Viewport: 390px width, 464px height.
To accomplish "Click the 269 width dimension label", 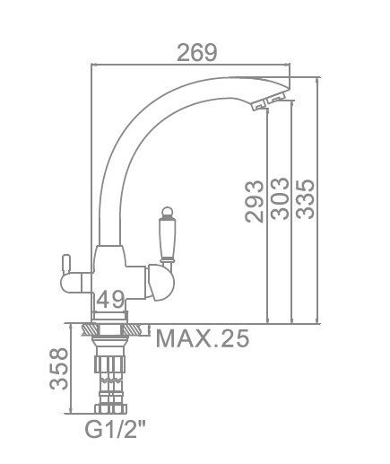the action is pyautogui.click(x=196, y=53).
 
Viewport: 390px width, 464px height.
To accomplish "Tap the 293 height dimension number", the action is pyautogui.click(x=255, y=201).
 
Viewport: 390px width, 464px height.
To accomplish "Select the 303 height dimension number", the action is pyautogui.click(x=280, y=198).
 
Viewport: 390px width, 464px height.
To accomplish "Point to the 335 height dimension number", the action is pyautogui.click(x=305, y=199).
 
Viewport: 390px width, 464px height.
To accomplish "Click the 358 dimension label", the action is pyautogui.click(x=58, y=368).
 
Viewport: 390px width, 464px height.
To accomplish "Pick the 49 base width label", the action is pyautogui.click(x=110, y=299).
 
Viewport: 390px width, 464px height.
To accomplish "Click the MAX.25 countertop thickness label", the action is pyautogui.click(x=203, y=338).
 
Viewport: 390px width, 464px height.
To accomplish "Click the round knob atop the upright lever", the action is pyautogui.click(x=168, y=213).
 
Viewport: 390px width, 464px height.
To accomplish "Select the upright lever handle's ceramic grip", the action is pyautogui.click(x=168, y=239).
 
